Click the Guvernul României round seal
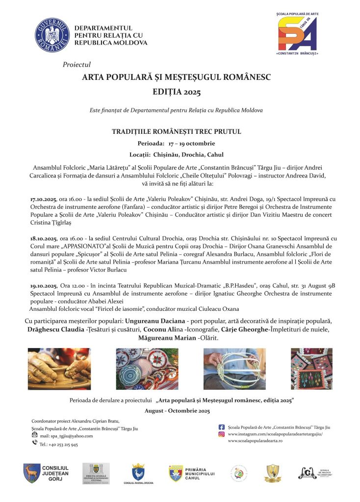(x=52, y=35)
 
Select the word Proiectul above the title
(x=77, y=65)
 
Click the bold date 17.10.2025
(x=44, y=199)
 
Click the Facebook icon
(x=221, y=427)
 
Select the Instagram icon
(x=221, y=434)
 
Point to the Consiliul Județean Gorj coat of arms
(x=32, y=473)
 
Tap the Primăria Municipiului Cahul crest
(x=176, y=473)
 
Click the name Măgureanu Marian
(x=161, y=338)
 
